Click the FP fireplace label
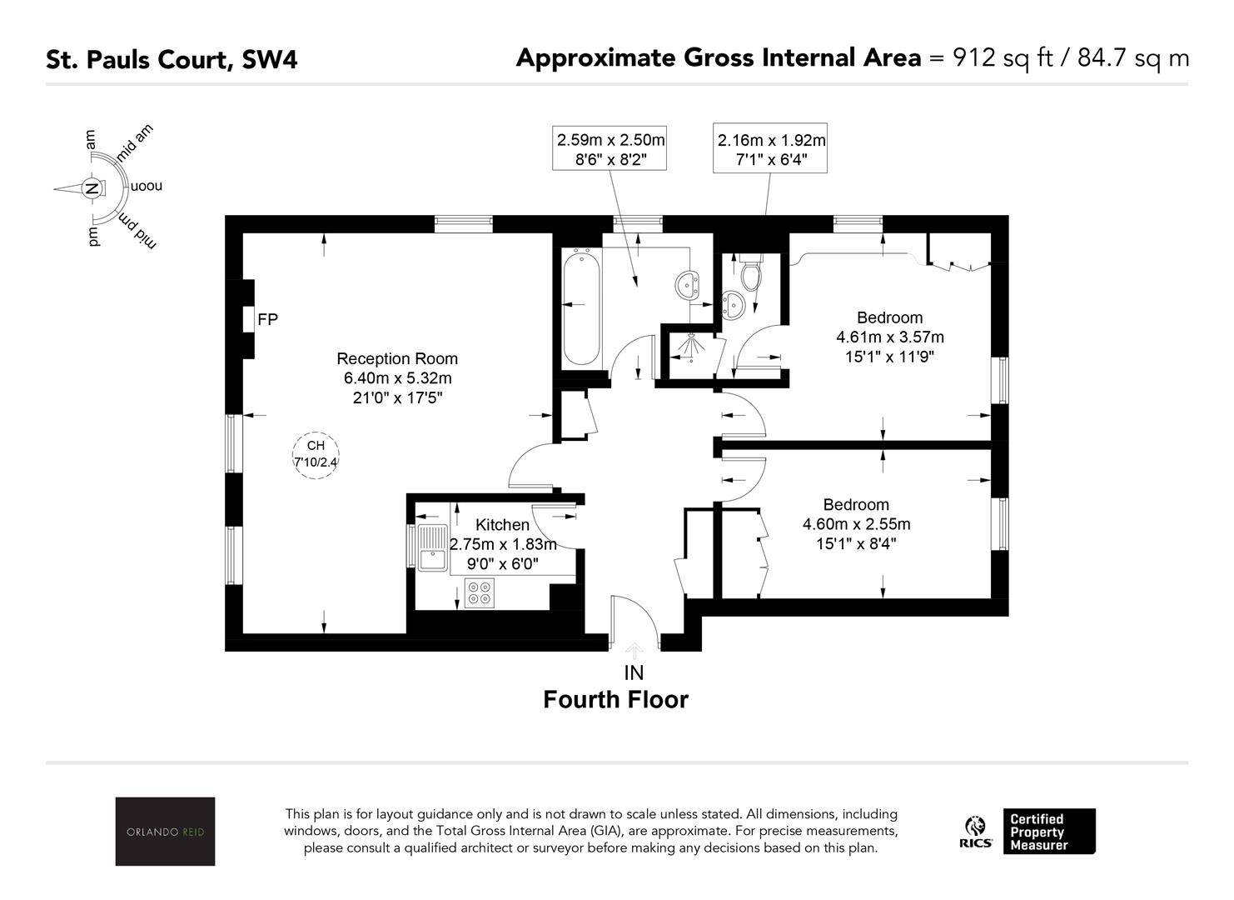pyautogui.click(x=268, y=319)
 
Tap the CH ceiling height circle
pyautogui.click(x=316, y=432)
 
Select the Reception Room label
pyautogui.click(x=397, y=358)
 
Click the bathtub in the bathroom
pyautogui.click(x=581, y=307)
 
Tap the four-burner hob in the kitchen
pyautogui.click(x=480, y=592)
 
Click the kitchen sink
pyautogui.click(x=432, y=547)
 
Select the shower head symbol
pyautogui.click(x=691, y=346)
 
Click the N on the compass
pyautogui.click(x=92, y=188)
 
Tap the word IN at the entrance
pyautogui.click(x=634, y=672)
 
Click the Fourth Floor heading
pyautogui.click(x=616, y=700)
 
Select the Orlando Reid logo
pyautogui.click(x=165, y=831)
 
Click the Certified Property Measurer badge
pyautogui.click(x=1049, y=832)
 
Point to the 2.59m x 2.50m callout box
pyautogui.click(x=610, y=147)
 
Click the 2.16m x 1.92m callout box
pyautogui.click(x=770, y=147)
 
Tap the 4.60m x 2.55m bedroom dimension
pyautogui.click(x=856, y=524)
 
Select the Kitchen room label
pyautogui.click(x=502, y=524)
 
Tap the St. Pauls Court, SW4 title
pyautogui.click(x=172, y=59)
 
